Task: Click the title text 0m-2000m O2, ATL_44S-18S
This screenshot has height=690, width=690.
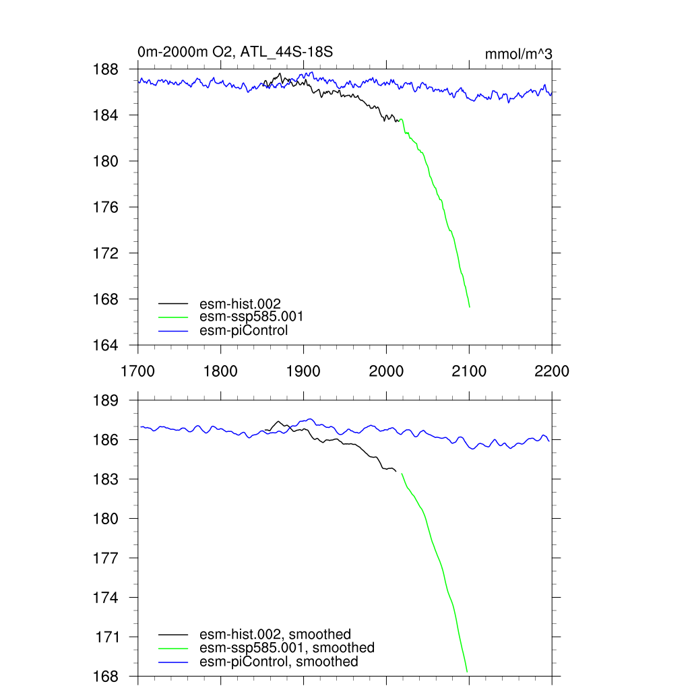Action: click(235, 52)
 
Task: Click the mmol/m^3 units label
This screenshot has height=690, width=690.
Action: click(519, 54)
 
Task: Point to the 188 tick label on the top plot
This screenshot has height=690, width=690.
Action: click(106, 69)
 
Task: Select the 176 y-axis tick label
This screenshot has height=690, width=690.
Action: click(106, 207)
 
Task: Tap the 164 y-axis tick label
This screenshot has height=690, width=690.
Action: click(106, 345)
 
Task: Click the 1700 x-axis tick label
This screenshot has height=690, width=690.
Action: click(137, 371)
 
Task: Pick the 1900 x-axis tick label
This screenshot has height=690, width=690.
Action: click(303, 371)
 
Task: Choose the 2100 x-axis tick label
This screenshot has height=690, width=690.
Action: click(469, 371)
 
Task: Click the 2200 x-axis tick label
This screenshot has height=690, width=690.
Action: click(552, 371)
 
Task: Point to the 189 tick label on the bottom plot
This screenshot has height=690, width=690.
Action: click(106, 400)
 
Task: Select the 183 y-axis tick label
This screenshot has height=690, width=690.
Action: click(106, 479)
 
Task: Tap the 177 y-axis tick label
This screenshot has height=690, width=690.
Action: click(106, 558)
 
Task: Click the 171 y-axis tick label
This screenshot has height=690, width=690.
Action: click(106, 637)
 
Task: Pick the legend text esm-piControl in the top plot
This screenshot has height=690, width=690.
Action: click(244, 330)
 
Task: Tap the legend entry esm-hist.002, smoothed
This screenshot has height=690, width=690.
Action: click(276, 634)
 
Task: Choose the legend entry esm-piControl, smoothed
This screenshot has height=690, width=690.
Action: click(279, 662)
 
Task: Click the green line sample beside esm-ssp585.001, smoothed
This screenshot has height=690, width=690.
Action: click(173, 648)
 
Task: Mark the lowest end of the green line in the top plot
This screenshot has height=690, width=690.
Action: click(469, 307)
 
